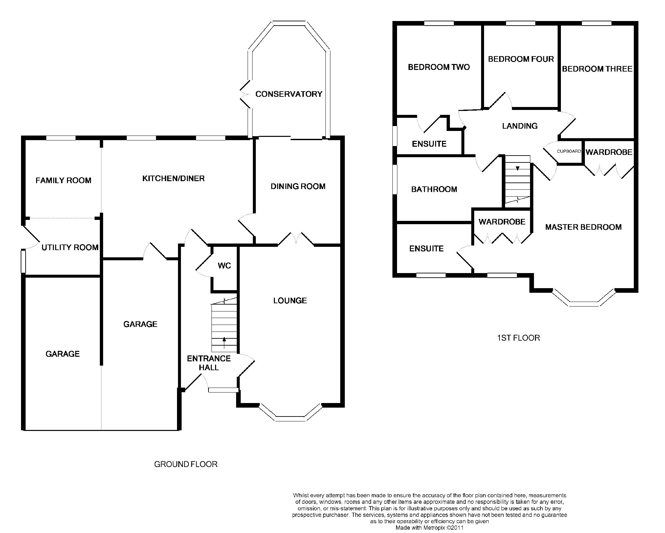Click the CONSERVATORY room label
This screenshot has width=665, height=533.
[x=289, y=94]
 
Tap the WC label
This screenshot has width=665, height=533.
[x=224, y=266]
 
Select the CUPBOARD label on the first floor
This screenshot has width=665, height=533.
[x=569, y=151]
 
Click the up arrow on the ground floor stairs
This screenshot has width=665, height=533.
[x=224, y=343]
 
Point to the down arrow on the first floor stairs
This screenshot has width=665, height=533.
[x=518, y=168]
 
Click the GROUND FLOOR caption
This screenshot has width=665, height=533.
[x=186, y=464]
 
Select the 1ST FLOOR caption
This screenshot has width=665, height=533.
[x=518, y=338]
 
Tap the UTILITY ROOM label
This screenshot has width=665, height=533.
[x=70, y=247]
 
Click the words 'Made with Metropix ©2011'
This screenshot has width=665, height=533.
[x=430, y=528]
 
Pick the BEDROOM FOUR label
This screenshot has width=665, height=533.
[x=521, y=59]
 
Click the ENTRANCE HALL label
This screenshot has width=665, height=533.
[x=209, y=363]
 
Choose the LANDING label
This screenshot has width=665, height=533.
[x=520, y=126]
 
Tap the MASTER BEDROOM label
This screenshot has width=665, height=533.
[x=583, y=227]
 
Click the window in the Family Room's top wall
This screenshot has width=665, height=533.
[x=61, y=138]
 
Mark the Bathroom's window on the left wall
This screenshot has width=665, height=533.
[x=395, y=179]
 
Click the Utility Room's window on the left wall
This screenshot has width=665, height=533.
[x=23, y=261]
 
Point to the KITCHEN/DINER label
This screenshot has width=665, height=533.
[x=173, y=179]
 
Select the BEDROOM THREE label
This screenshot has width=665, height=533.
[x=597, y=69]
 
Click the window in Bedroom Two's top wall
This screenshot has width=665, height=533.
[x=439, y=23]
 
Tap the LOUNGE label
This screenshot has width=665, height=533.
[x=290, y=301]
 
